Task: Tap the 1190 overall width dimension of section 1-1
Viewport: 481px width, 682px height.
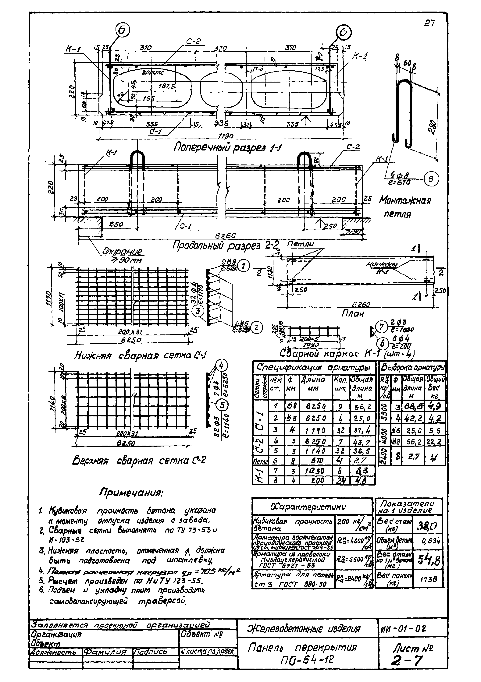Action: pos(226,136)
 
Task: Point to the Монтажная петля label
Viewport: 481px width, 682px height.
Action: pos(405,207)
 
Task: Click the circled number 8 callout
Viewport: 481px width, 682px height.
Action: pos(382,344)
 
